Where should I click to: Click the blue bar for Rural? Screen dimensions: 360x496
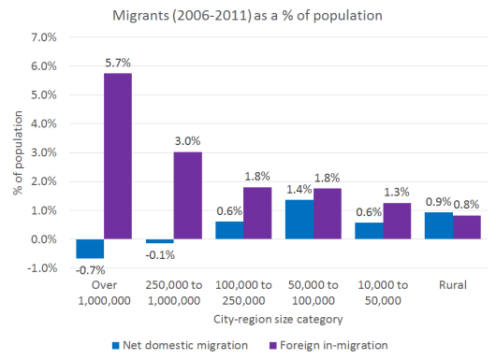437,226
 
